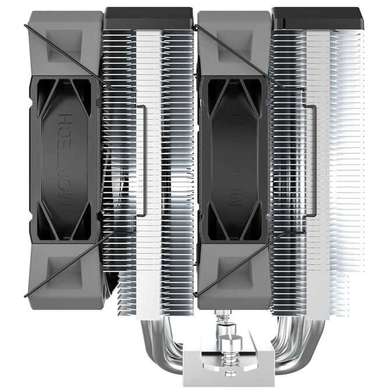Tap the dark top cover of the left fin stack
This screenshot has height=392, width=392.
[148, 18]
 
